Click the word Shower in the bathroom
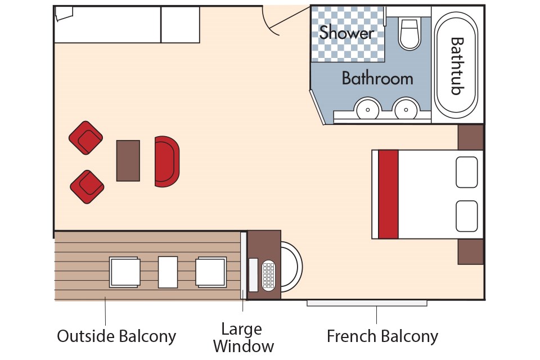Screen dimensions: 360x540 tap(346, 33)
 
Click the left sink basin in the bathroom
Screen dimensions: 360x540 tap(367, 108)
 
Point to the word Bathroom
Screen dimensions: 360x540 tap(377, 78)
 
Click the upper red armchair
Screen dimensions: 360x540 tap(85, 138)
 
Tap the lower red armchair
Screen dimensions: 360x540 tap(87, 187)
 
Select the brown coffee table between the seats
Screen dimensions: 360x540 tap(128, 161)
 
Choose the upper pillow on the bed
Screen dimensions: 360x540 tap(466, 172)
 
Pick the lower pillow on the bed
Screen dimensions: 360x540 tap(466, 216)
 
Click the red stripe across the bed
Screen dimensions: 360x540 tap(388, 194)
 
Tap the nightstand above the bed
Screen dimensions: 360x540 tap(470, 137)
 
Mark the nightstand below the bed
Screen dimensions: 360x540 tap(470, 251)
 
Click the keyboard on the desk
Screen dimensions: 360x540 tap(269, 276)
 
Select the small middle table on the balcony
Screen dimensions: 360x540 tap(168, 272)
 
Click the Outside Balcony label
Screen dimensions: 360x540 tap(116, 336)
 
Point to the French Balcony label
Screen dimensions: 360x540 tap(382, 336)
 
